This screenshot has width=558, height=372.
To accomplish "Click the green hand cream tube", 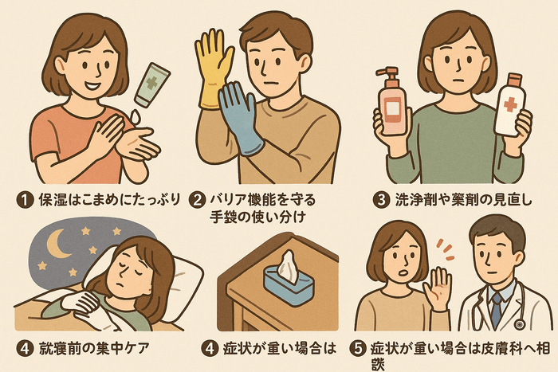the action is [152, 84].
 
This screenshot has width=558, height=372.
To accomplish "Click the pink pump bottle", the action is [392, 102].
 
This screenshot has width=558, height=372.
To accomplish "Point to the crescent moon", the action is [59, 244].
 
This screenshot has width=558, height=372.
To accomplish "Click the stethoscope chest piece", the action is [519, 324].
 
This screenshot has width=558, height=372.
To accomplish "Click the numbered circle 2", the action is [198, 200].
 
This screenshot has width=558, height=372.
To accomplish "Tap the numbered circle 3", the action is [381, 200].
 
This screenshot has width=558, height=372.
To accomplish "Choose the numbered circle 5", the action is [359, 349].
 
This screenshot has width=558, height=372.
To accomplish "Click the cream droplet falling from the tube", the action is [135, 116].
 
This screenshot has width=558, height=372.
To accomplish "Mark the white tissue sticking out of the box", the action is [288, 267].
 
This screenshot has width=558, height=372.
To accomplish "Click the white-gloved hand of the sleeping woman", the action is [80, 303].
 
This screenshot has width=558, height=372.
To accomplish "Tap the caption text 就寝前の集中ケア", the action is [93, 349].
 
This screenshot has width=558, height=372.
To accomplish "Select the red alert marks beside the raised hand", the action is [446, 249].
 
